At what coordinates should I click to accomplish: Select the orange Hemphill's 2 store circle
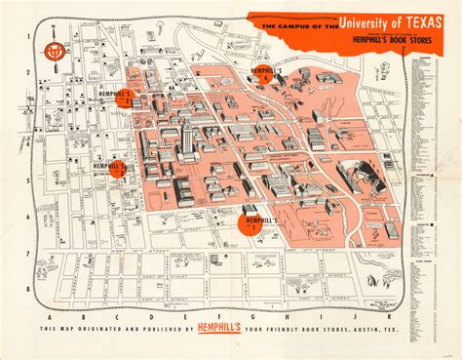coord(124,97)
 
